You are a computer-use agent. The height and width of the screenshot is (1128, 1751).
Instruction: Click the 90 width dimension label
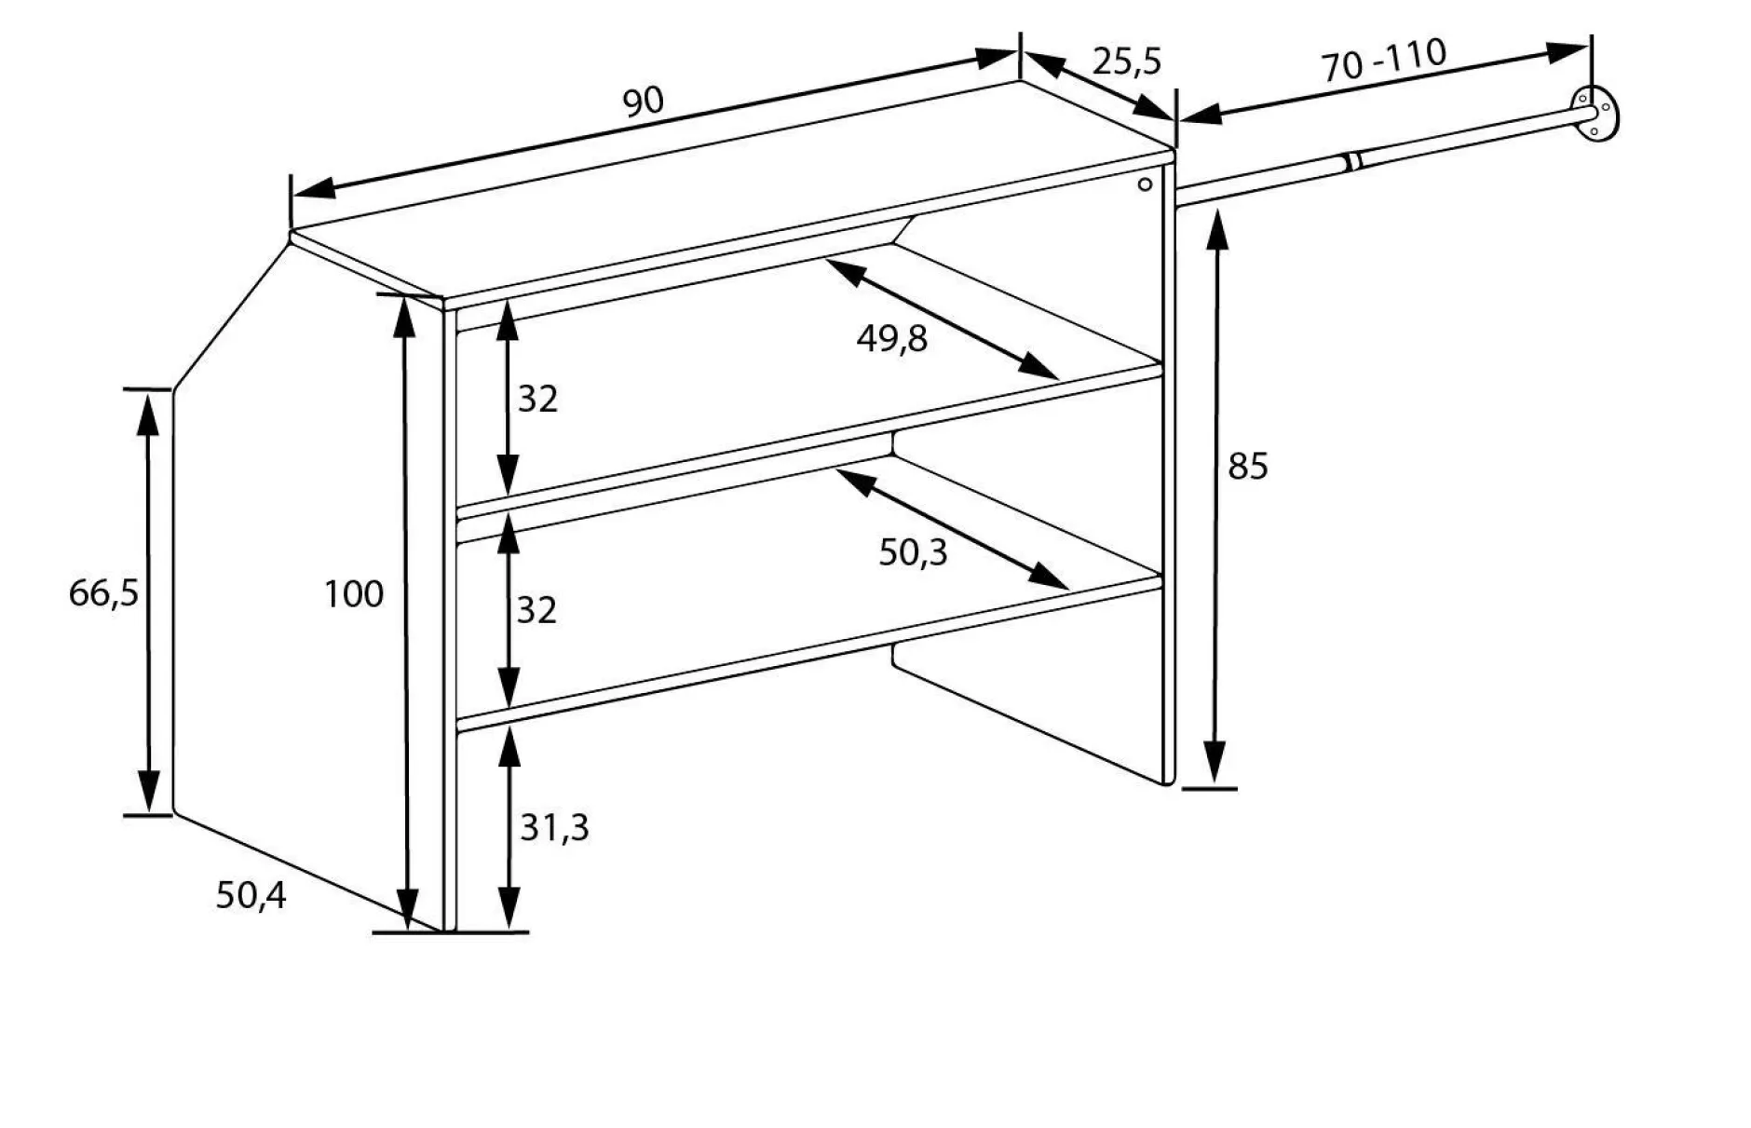coord(643,102)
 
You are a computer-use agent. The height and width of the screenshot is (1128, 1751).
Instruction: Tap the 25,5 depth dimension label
coord(1127,62)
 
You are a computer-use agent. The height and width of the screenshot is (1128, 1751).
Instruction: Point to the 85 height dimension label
coord(1248,466)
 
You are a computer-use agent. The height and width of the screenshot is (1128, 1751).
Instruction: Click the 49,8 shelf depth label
coord(892,339)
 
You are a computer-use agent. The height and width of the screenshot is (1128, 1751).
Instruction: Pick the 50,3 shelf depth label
coord(913,553)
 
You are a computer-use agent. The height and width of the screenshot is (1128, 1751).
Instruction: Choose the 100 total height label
coord(354,594)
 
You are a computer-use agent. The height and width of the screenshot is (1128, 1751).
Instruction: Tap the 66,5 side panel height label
coord(103,592)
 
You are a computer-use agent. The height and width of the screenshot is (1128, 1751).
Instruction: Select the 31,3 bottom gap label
coord(554,827)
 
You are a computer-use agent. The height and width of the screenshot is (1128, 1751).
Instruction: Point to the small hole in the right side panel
coord(1146,184)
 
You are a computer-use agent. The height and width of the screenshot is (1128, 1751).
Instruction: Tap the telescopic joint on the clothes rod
coord(1352,162)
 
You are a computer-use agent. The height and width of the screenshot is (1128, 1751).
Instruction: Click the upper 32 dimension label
coord(537,399)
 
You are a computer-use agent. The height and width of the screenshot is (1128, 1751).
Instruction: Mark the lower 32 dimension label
coord(536,610)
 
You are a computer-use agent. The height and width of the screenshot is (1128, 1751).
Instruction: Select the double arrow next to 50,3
coord(953,529)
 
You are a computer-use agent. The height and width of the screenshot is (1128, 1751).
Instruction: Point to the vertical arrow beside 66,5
coord(147,601)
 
